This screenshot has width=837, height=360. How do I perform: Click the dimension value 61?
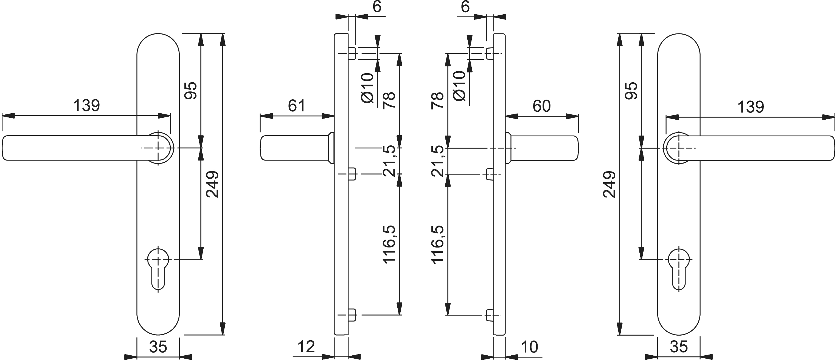click(296, 106)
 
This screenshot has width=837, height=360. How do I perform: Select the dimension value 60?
click(541, 106)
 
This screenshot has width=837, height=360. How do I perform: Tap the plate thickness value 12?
click(306, 347)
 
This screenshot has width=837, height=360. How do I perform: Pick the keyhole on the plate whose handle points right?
click(679, 268)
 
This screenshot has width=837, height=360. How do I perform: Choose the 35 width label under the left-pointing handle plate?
click(158, 347)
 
